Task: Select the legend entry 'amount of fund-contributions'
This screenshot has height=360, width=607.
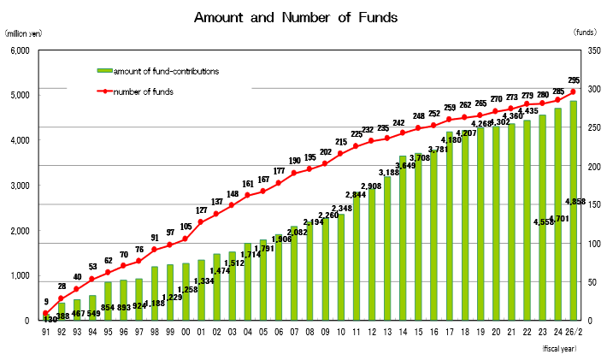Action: pos(167,70)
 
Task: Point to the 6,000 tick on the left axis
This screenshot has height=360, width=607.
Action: pos(18,50)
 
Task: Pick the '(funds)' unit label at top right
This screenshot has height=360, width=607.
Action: pos(585,32)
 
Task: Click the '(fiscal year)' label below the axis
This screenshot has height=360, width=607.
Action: pos(559,349)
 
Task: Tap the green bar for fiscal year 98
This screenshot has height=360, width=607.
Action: pos(155,293)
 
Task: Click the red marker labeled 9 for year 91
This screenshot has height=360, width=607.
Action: pos(45,314)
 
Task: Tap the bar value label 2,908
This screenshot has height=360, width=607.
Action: pos(371,186)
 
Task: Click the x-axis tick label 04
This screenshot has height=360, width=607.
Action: pos(247,332)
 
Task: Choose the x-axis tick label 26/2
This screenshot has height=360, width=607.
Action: pos(573,332)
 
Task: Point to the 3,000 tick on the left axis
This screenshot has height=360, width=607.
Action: pos(18,186)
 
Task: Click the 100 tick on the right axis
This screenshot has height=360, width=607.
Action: pos(586,244)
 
